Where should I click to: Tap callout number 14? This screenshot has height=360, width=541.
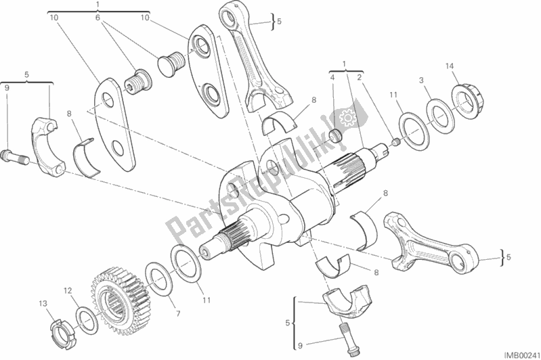click(x=449, y=66)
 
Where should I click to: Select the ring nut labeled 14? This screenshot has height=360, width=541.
click(x=467, y=99)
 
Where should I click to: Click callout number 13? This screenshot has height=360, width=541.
click(x=43, y=304)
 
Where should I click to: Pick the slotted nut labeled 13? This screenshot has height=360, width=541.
click(x=63, y=334)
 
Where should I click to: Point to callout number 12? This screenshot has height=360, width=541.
click(x=68, y=291)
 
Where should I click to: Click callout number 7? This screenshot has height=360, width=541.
click(x=178, y=314)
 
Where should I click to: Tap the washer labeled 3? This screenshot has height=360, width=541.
click(x=439, y=116)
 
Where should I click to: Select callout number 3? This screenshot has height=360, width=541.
click(x=421, y=81)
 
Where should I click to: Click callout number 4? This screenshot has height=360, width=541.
click(x=332, y=78)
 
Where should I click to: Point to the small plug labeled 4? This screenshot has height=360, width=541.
click(x=335, y=135)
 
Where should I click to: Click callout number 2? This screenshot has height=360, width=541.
click(x=359, y=78)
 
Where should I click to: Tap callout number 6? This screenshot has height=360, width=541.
click(x=98, y=18)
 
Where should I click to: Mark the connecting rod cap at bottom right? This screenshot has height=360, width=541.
click(x=347, y=298)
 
